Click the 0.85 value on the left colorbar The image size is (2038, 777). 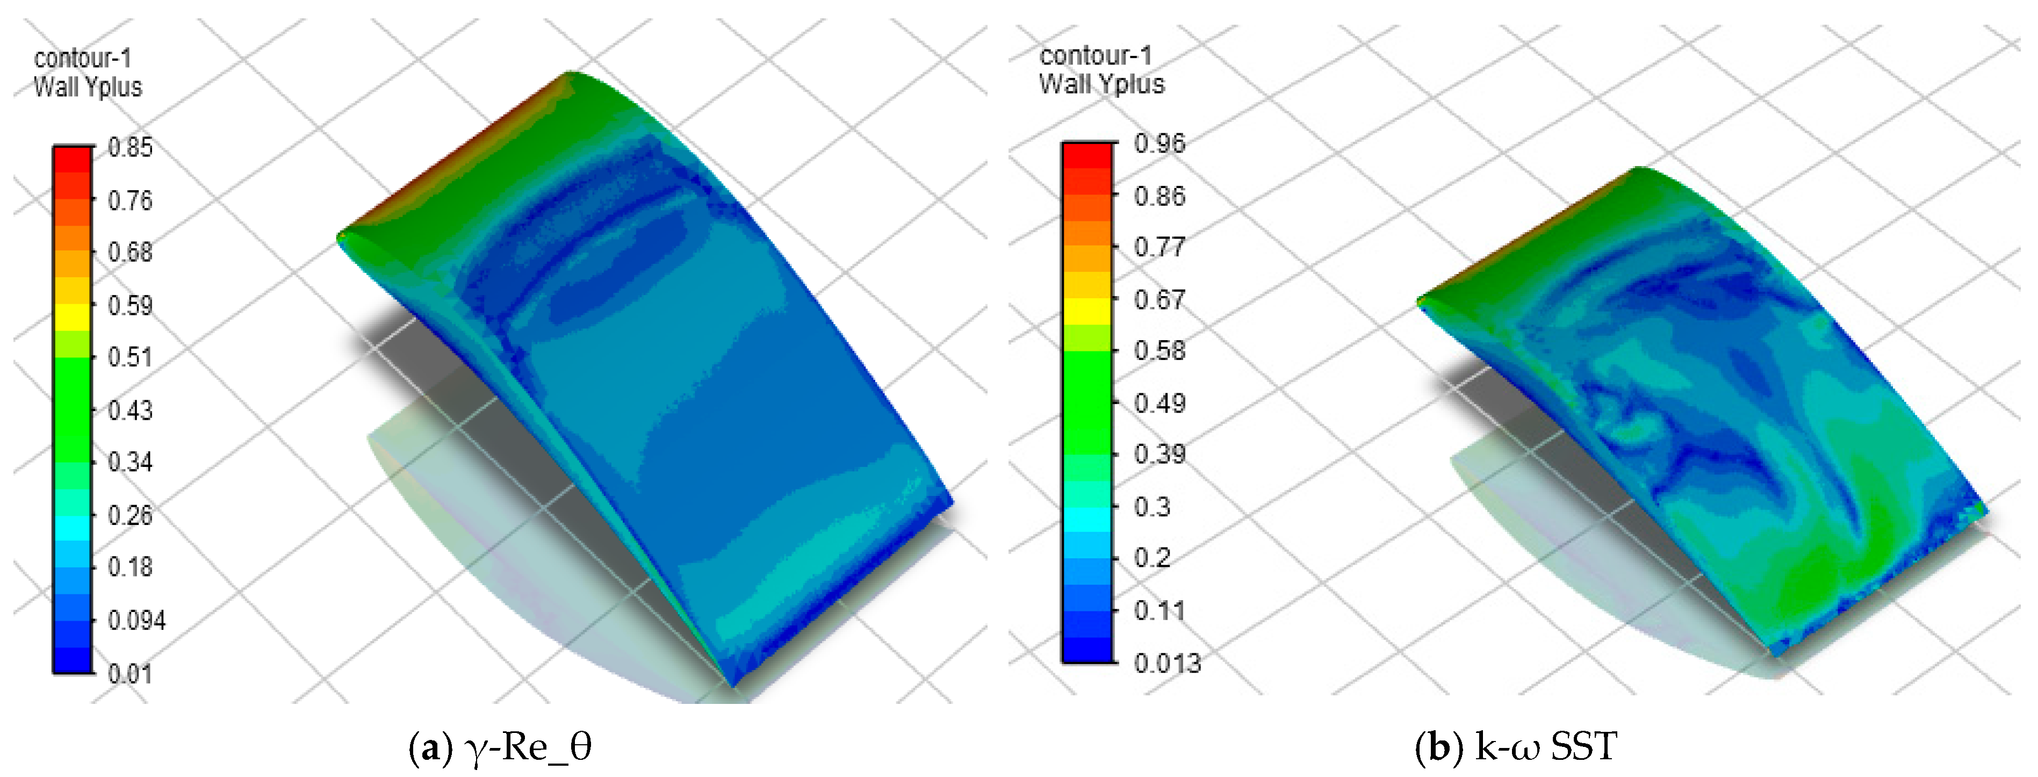pos(129,148)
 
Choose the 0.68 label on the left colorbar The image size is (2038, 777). pos(129,253)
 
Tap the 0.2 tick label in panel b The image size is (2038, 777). pos(1153,558)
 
